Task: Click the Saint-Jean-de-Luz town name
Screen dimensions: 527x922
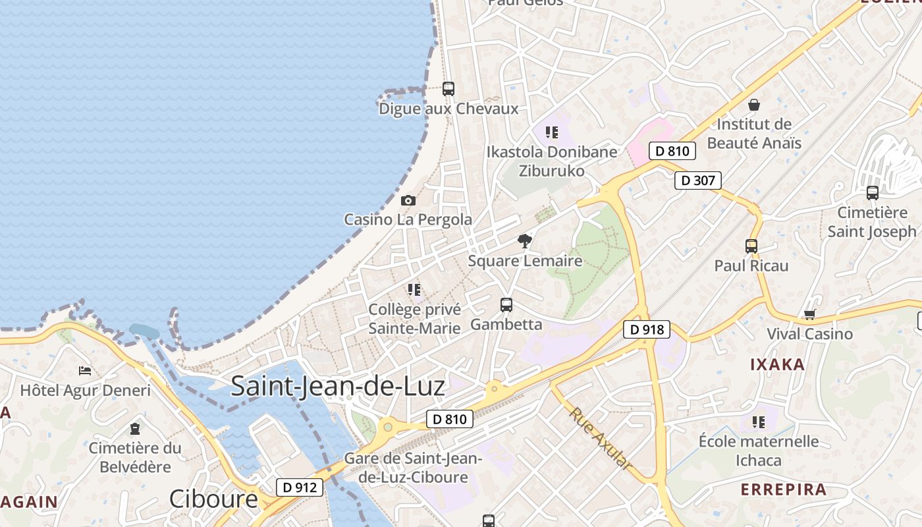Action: coord(338,386)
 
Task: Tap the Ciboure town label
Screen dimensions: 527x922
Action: coord(213,499)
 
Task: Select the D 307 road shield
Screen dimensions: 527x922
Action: coord(698,180)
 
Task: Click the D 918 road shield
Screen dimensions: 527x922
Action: coord(646,329)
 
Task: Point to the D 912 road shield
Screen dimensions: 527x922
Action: coord(300,487)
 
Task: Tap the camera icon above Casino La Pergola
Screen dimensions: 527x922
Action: coord(408,200)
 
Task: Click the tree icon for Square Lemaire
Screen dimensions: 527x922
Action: coord(524,241)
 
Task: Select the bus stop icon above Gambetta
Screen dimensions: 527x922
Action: coord(506,304)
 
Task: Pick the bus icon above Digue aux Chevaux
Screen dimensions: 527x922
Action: coord(448,88)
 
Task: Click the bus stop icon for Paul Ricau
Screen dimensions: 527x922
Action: coord(751,246)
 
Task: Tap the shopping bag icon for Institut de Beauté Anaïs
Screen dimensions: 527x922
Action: coord(754,105)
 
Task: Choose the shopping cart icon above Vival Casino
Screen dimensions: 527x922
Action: coord(809,314)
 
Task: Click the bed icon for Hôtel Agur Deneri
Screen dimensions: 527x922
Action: coord(84,371)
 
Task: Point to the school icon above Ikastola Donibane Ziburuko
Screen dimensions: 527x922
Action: coord(552,132)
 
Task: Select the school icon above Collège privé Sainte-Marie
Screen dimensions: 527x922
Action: coord(414,289)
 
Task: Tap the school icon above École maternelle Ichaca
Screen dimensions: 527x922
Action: coord(759,422)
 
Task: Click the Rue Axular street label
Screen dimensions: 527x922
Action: coord(600,438)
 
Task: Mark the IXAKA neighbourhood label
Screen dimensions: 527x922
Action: coord(778,364)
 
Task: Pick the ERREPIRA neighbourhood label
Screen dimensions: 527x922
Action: coord(784,489)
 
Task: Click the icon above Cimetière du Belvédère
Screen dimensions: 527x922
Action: coord(135,429)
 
